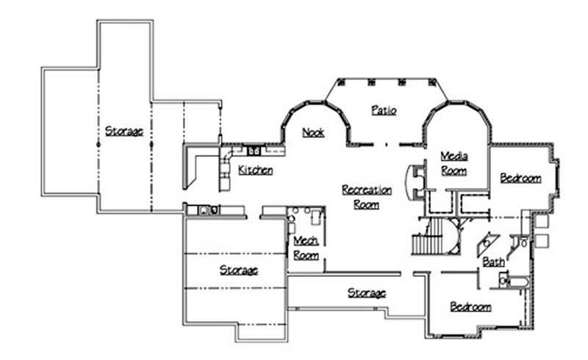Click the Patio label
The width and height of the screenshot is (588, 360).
[x=383, y=111]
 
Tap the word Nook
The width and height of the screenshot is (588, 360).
[x=313, y=133]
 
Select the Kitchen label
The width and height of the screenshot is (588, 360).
[x=256, y=170]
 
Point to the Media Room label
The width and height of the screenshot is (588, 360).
[x=453, y=163]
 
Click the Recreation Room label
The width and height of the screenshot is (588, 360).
[x=366, y=197]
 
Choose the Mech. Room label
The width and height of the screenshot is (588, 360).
[x=306, y=248]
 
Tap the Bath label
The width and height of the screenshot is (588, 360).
[x=492, y=262]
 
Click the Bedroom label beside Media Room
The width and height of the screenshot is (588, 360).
[x=520, y=178]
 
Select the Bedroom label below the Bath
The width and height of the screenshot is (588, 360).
[x=470, y=307]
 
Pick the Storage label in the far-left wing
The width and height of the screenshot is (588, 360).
[x=123, y=132]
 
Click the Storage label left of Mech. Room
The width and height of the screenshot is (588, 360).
[x=239, y=270]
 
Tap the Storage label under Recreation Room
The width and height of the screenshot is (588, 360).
[x=366, y=293]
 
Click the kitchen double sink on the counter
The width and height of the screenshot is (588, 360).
[x=253, y=151]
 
